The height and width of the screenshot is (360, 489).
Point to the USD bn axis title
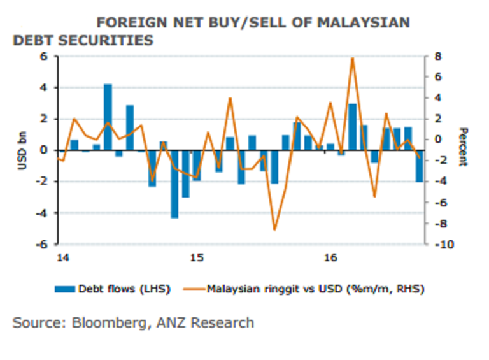pos(22,150)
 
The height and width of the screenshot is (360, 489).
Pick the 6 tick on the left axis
pos(45,56)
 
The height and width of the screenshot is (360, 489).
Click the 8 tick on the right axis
pos(437,56)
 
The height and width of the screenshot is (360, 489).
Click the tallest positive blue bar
pos(108,117)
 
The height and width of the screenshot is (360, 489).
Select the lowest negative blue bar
pos(174,184)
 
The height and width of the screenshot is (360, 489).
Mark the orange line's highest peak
pos(352,59)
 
